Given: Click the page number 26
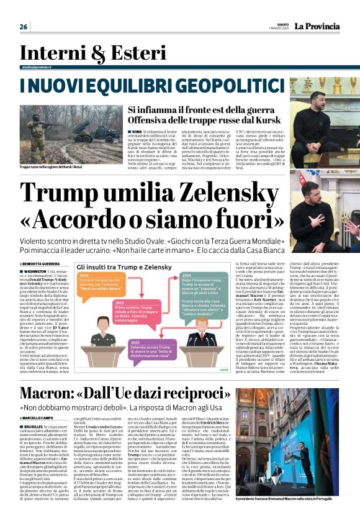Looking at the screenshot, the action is pyautogui.click(x=24, y=27).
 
